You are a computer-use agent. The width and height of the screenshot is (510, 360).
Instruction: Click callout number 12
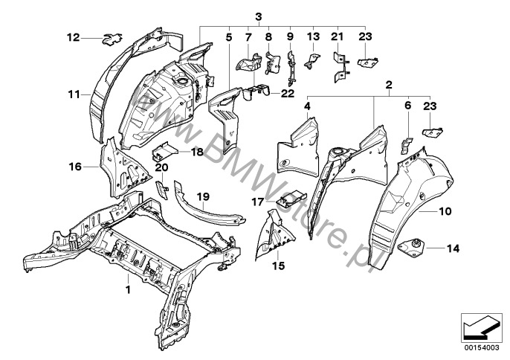tap(73, 36)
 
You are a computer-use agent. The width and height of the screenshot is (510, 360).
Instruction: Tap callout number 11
tap(73, 94)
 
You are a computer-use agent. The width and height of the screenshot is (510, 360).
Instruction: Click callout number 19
tap(202, 195)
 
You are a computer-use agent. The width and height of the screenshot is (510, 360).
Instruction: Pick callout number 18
tap(196, 152)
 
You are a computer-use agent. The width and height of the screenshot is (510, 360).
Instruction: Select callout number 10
tap(445, 211)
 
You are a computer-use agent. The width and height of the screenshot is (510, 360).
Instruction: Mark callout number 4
tap(306, 107)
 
